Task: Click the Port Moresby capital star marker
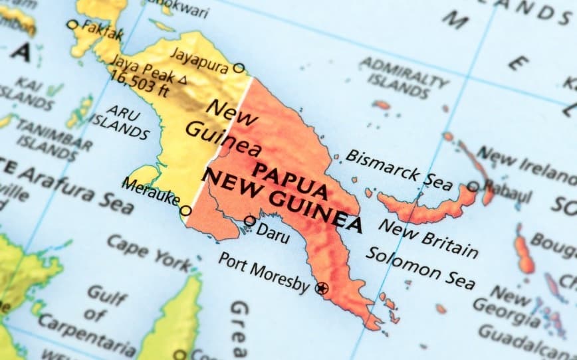[x=322, y=288]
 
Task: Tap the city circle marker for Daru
[x=249, y=221]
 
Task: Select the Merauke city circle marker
[x=187, y=211]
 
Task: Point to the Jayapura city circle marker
[x=239, y=68]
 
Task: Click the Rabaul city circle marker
[x=473, y=186]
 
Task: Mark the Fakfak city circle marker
[x=72, y=25]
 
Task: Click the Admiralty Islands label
[x=403, y=74]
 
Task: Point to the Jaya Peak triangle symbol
[x=183, y=78]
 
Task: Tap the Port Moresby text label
[x=264, y=272]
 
